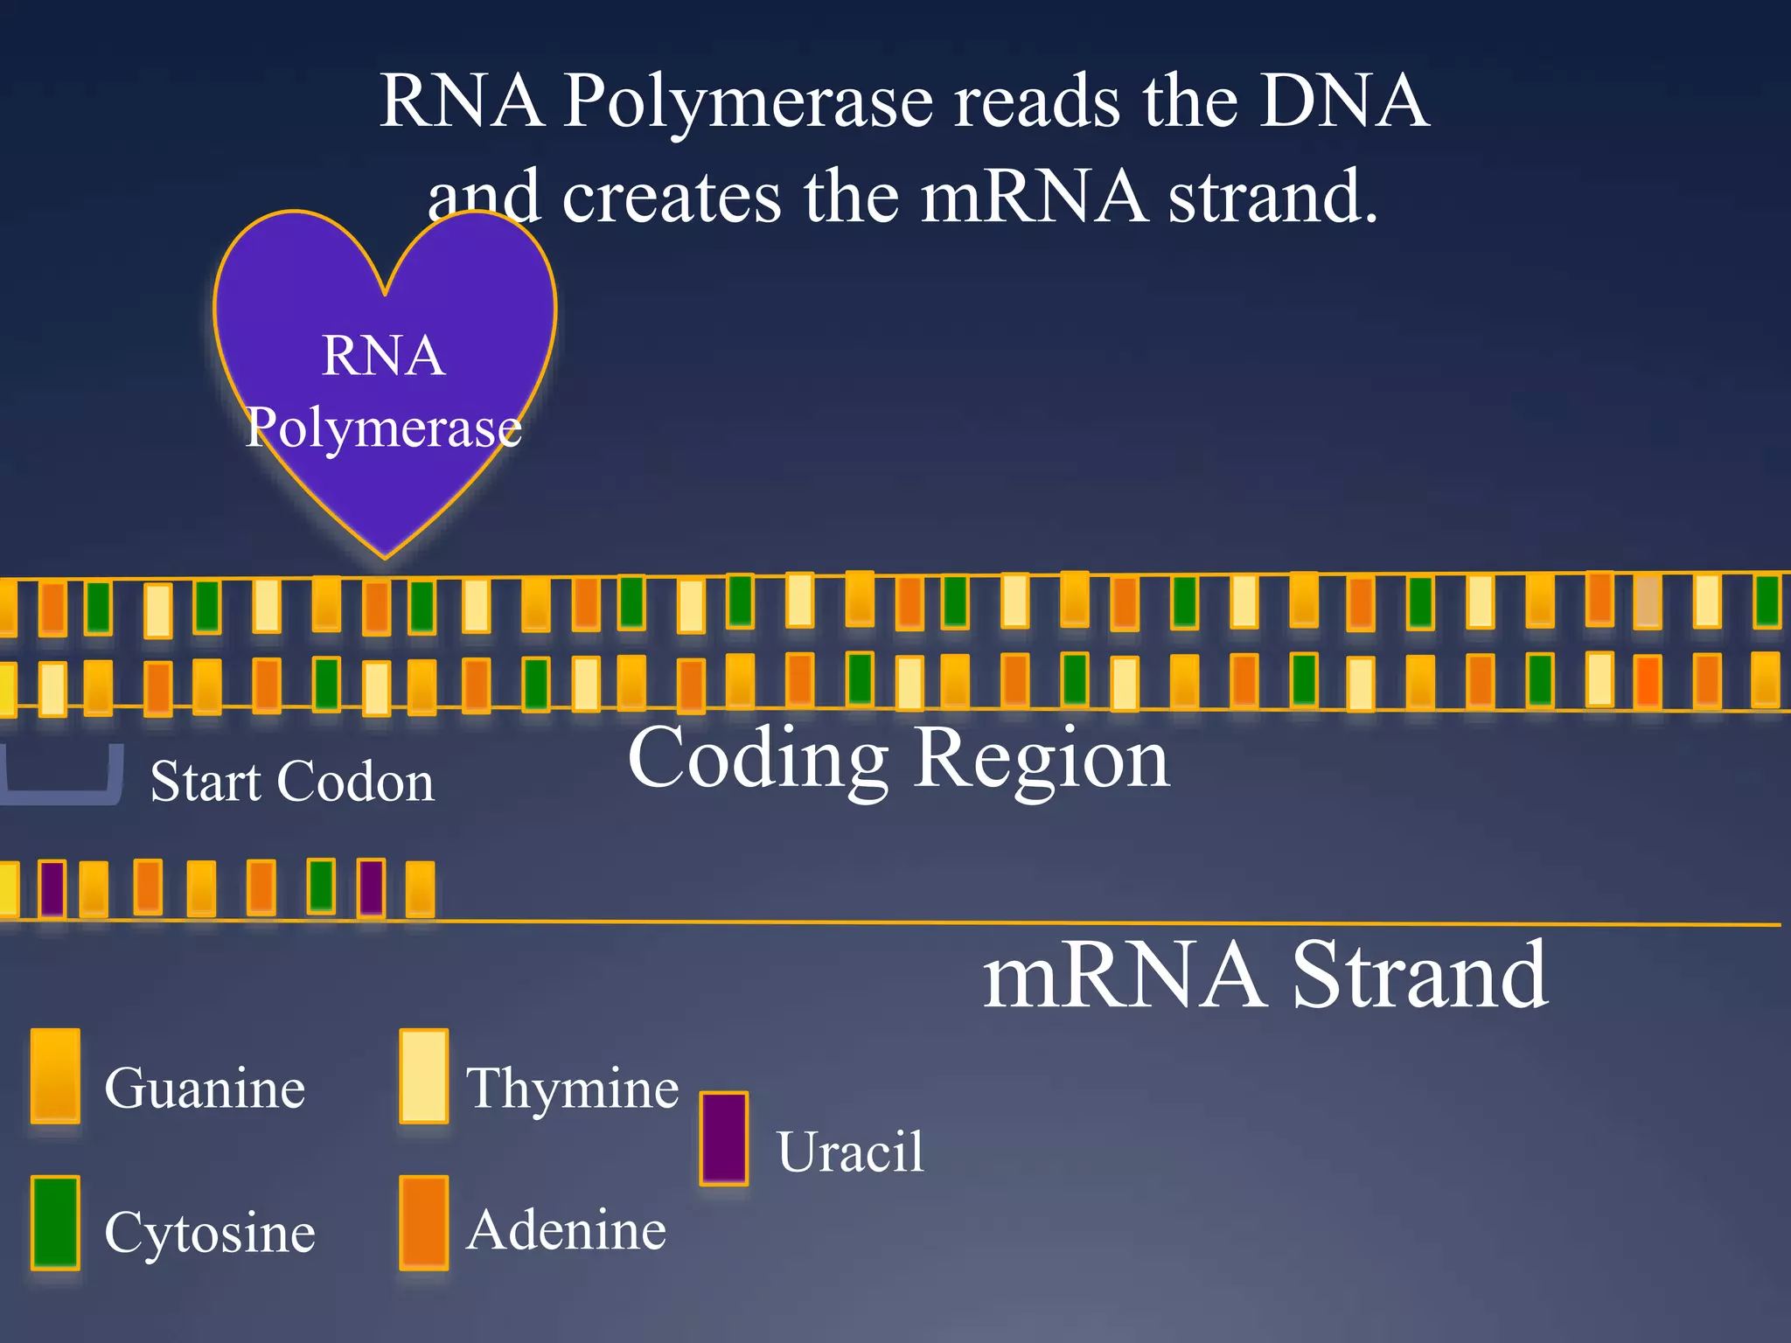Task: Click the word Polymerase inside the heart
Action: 384,428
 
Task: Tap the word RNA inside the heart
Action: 384,356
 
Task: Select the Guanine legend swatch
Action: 55,1075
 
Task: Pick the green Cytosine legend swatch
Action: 55,1221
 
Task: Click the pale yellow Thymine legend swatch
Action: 424,1075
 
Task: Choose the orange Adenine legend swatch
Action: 424,1221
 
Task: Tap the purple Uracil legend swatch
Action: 724,1138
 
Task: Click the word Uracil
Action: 850,1152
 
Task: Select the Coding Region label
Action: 898,758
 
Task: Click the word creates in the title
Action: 671,197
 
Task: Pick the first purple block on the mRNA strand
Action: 52,888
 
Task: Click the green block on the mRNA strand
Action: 321,887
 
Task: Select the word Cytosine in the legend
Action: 209,1233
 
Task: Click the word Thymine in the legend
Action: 573,1089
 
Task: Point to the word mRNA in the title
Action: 1033,197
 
